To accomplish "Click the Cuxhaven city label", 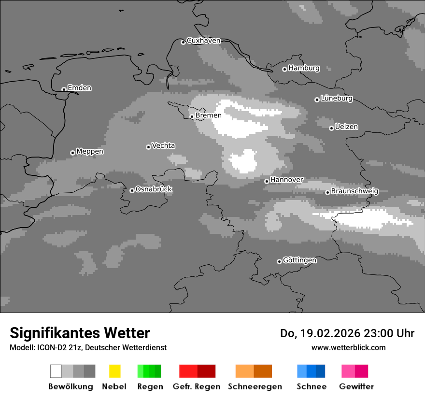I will (x=203, y=41).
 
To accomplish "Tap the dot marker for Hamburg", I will (x=284, y=69).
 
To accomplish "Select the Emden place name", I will (x=79, y=88).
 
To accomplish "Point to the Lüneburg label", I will (x=337, y=98).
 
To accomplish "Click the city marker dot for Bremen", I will (x=192, y=116).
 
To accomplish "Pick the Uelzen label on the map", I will (x=346, y=127).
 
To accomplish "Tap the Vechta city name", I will (x=163, y=145).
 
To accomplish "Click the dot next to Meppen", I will (x=72, y=153).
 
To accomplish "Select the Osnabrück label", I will (x=154, y=189).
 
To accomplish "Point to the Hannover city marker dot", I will (x=267, y=181).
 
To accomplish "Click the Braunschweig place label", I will (x=354, y=191).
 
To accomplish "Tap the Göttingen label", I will (x=299, y=260).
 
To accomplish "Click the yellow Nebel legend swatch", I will (x=114, y=371).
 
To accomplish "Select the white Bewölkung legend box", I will (x=56, y=371).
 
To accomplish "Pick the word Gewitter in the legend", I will (x=356, y=387).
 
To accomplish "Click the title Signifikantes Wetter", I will (x=80, y=333).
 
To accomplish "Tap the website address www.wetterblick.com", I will (x=348, y=347).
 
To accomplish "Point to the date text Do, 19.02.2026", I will (x=319, y=333).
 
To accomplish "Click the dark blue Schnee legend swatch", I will (x=320, y=371).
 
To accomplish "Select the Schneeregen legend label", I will (x=255, y=387).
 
